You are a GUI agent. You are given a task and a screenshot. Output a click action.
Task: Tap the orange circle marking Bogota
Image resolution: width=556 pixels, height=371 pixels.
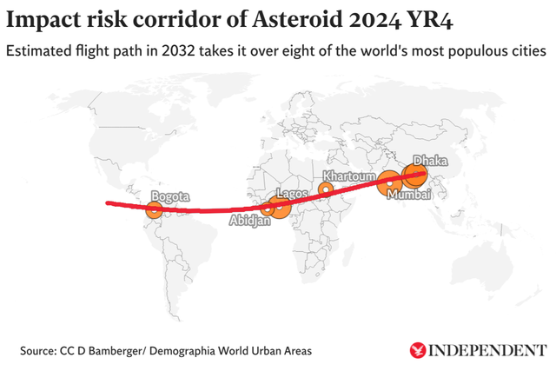pyautogui.click(x=154, y=209)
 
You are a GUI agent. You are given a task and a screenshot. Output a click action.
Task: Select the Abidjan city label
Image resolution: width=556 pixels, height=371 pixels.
pyautogui.click(x=250, y=222)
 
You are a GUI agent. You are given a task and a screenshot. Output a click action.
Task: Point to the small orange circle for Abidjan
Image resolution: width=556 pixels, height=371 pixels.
pyautogui.click(x=268, y=209)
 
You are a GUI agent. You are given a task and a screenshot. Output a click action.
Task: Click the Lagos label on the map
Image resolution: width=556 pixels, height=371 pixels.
pyautogui.click(x=290, y=193)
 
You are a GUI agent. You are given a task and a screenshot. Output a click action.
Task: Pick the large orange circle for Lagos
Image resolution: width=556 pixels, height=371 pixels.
pyautogui.click(x=280, y=207)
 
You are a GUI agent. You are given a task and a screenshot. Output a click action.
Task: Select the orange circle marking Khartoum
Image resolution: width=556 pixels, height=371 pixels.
pyautogui.click(x=326, y=189)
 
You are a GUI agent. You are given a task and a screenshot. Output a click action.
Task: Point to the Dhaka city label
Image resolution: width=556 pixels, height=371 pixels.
pyautogui.click(x=429, y=161)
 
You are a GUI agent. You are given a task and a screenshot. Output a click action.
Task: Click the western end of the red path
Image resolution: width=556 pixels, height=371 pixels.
pyautogui.click(x=107, y=203)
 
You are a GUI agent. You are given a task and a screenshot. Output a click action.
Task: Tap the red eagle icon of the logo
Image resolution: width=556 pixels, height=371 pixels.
pyautogui.click(x=419, y=350)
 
